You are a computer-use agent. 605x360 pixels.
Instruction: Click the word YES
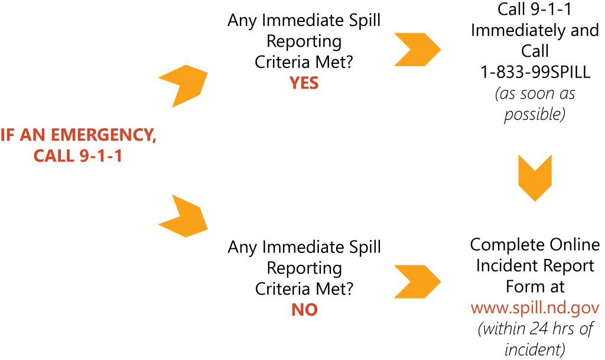pos(304,83)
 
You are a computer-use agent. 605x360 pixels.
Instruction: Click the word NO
pos(304,310)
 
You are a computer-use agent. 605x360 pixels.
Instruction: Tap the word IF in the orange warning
pos(8,135)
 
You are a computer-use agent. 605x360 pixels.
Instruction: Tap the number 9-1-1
pos(100,157)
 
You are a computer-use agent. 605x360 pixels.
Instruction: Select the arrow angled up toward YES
pos(184,85)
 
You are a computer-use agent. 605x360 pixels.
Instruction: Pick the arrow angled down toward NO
pos(184,217)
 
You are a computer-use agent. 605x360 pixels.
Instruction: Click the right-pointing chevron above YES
pos(417,50)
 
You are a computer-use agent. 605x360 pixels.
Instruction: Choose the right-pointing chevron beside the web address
pos(417,281)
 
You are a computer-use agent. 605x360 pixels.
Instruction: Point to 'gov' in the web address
pos(586,309)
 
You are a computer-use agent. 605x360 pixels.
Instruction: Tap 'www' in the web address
pos(486,309)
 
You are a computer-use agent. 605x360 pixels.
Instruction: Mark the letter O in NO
pos(311,310)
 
